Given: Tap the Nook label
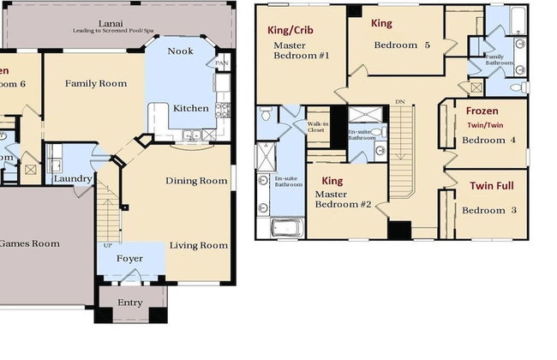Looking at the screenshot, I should click(180, 51).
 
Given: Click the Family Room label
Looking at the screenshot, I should click(96, 84).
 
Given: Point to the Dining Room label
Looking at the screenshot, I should click(196, 181).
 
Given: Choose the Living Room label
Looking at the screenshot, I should click(199, 246).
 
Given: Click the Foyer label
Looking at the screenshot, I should click(129, 256).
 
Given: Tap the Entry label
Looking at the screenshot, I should click(129, 303).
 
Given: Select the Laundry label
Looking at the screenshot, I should click(72, 179).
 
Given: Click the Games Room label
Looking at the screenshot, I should click(29, 243).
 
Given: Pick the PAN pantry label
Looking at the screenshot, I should click(222, 63).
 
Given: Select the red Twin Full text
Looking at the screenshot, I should click(485, 185).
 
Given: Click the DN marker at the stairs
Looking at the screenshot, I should click(399, 102).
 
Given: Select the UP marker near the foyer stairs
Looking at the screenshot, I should click(106, 245).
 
